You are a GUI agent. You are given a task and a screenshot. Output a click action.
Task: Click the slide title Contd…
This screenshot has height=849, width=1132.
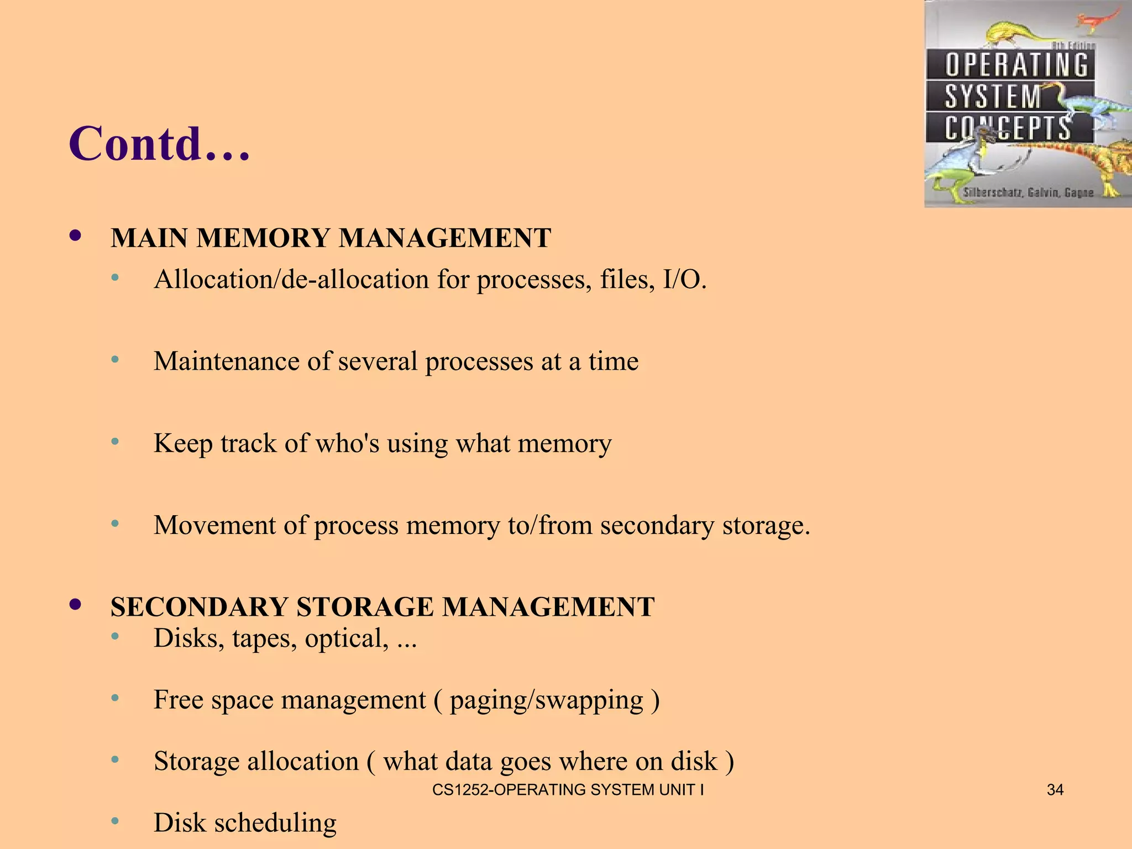(159, 144)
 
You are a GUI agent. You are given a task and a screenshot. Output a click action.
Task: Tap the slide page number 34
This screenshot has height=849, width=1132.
(1055, 790)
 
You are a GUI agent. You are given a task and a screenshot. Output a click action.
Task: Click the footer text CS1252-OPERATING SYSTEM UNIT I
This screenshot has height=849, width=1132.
(568, 790)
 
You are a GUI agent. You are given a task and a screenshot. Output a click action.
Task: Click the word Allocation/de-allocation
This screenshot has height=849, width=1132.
(291, 280)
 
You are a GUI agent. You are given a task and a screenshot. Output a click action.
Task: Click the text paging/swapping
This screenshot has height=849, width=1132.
(547, 700)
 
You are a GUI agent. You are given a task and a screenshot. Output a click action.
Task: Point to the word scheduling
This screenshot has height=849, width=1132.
(275, 823)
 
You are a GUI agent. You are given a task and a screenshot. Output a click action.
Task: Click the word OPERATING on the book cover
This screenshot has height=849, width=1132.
(1016, 65)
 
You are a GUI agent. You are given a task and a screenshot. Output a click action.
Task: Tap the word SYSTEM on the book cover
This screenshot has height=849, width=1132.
(993, 97)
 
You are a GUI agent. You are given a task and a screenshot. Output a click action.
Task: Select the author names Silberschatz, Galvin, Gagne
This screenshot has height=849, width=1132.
(1028, 193)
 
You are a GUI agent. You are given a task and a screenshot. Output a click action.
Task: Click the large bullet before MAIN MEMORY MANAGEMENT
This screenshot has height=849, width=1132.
(76, 236)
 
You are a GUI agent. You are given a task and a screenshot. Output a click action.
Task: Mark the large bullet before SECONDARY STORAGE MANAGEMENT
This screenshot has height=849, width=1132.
(76, 605)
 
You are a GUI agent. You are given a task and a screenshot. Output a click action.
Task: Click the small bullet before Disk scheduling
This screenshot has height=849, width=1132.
(115, 822)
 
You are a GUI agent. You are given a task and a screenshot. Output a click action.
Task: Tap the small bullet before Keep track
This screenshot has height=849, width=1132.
(115, 442)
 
